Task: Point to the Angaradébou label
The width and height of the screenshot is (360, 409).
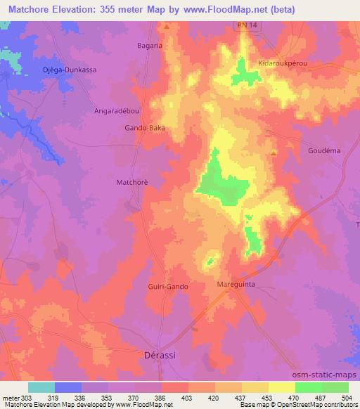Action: pos(115,111)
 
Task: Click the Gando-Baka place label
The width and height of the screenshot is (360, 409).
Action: pos(146,129)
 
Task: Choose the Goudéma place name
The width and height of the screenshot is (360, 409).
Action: pos(324,150)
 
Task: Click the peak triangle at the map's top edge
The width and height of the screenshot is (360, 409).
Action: pos(167,27)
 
